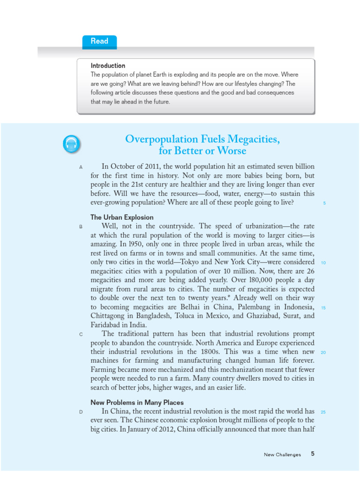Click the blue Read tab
tap(99, 41)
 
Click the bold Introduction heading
tap(108, 66)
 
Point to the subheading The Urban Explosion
tap(121, 217)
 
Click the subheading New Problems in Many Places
tap(137, 403)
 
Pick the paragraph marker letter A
tap(81, 167)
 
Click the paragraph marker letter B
tap(81, 226)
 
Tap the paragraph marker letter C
tap(81, 334)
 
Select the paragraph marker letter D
tap(81, 412)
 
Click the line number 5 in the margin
tap(324, 203)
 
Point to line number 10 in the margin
tap(323, 262)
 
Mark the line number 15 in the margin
tap(323, 307)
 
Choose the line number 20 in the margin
tap(323, 352)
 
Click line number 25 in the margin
tap(323, 412)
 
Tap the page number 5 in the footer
tap(313, 454)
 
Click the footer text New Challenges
tap(282, 455)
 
